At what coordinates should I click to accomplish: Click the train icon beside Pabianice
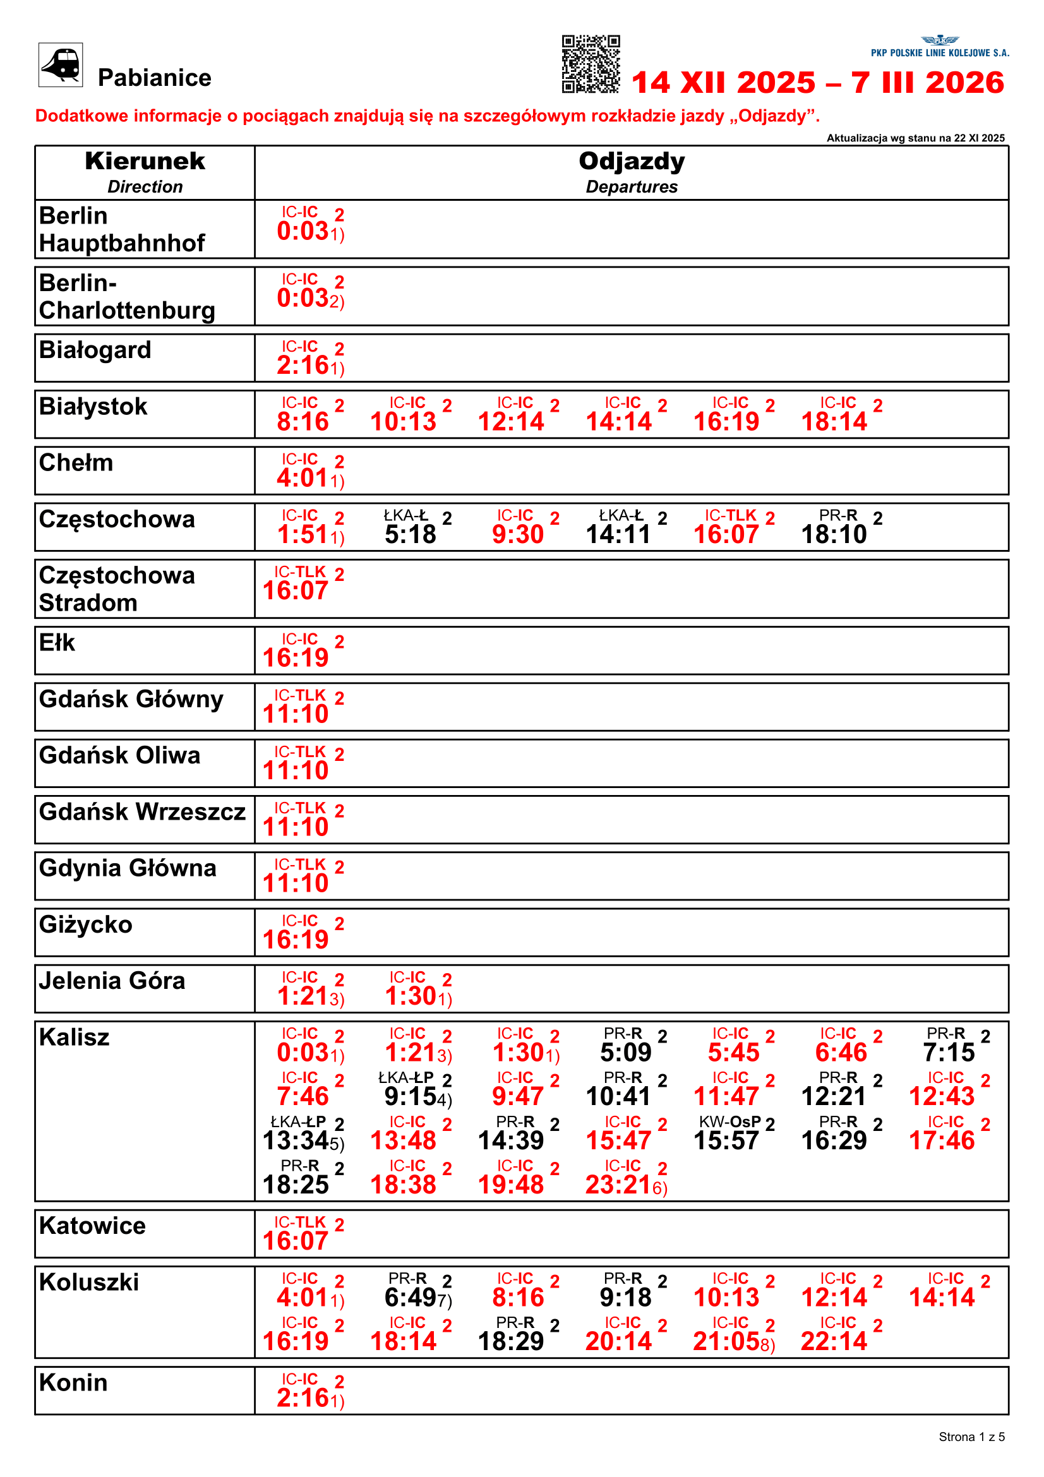(61, 64)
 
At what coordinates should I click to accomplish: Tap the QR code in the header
(591, 64)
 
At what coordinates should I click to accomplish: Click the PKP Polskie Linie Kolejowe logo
(940, 47)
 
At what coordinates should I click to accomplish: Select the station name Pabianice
(154, 78)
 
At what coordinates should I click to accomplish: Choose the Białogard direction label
(95, 350)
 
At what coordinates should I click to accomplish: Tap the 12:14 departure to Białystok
(512, 421)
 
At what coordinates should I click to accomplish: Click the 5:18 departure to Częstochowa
(411, 534)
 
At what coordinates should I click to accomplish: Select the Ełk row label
(57, 642)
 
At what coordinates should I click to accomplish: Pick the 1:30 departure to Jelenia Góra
(412, 996)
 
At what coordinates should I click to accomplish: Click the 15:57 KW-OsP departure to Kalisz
(727, 1140)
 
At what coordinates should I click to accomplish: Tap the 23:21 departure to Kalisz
(619, 1184)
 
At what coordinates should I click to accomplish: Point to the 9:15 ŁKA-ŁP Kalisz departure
(412, 1096)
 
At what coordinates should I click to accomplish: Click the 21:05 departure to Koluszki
(727, 1341)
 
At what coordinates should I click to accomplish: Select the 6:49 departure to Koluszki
(412, 1298)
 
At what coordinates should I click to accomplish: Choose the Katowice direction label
(93, 1226)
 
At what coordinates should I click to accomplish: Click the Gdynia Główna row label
(128, 868)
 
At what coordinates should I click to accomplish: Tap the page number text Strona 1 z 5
(971, 1437)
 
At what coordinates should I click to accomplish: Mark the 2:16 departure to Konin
(304, 1398)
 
